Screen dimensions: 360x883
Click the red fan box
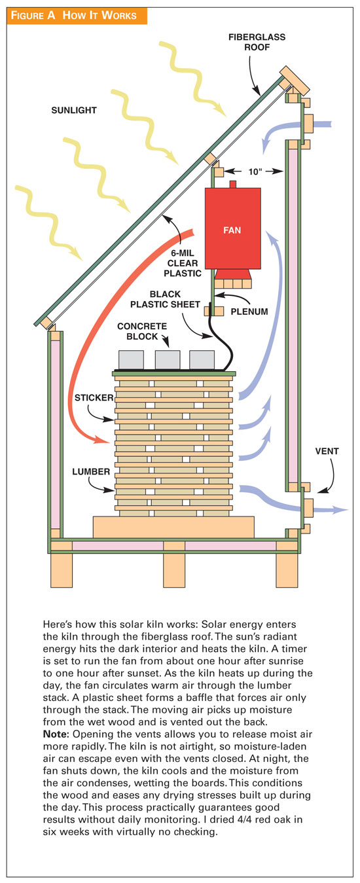click(232, 228)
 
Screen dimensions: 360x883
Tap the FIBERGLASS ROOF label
click(257, 42)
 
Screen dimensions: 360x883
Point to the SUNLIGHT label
click(74, 111)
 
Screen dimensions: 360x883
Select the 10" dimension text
click(255, 171)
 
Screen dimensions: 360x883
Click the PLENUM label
click(249, 312)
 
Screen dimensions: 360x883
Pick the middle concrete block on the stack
click(168, 360)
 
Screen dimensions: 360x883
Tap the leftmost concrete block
click(131, 360)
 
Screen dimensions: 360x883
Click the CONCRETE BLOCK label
click(142, 331)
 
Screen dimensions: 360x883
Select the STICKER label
click(94, 397)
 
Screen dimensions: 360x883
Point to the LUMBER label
click(91, 471)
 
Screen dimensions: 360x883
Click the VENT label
click(327, 451)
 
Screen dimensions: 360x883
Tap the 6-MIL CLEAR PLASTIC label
click(183, 263)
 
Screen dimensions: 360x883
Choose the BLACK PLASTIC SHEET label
click(165, 299)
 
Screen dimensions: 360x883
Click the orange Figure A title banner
click(77, 16)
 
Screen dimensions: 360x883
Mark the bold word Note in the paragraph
click(56, 734)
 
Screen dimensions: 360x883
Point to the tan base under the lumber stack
click(173, 527)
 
